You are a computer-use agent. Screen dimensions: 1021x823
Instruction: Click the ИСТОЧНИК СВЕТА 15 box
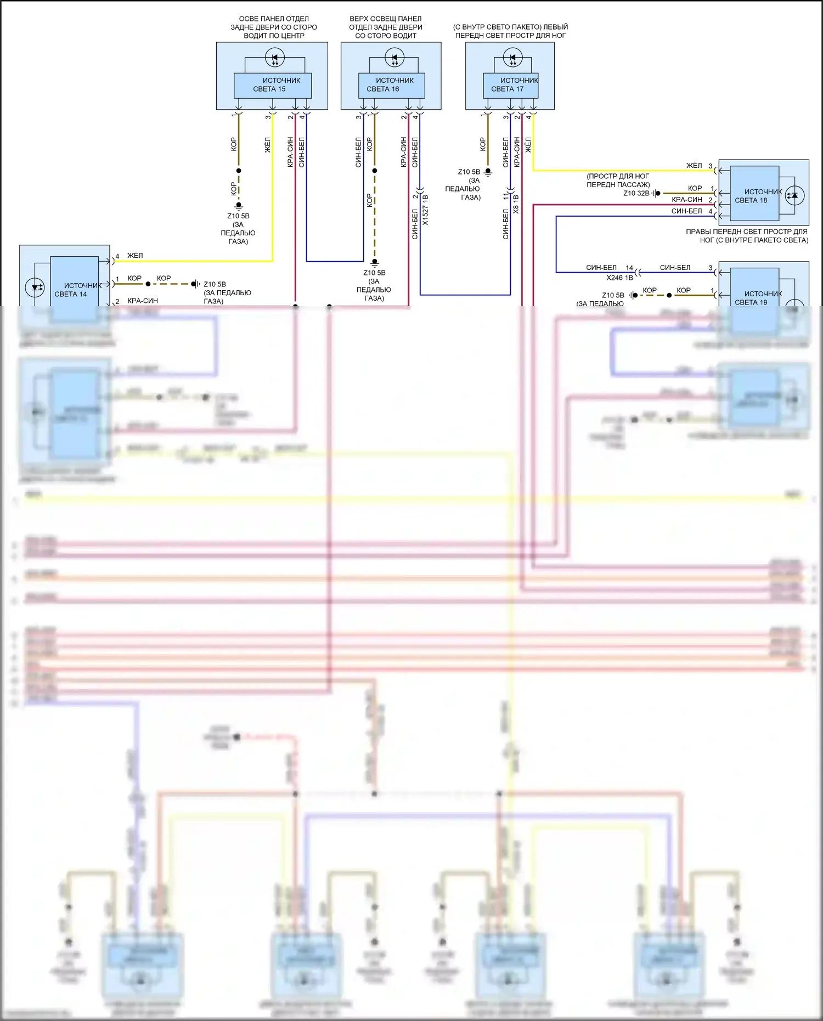[x=273, y=85]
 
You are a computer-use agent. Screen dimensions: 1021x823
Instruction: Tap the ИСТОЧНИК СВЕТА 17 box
[x=510, y=85]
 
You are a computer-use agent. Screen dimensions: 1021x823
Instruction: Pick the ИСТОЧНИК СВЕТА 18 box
[x=754, y=196]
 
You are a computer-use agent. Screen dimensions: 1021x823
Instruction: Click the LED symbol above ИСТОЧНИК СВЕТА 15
[x=274, y=57]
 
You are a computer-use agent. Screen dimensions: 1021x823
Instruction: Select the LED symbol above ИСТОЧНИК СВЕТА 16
[x=394, y=57]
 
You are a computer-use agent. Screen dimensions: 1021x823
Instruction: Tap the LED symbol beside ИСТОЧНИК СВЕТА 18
[x=794, y=195]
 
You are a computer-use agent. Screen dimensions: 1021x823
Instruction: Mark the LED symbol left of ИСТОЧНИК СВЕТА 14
[x=35, y=287]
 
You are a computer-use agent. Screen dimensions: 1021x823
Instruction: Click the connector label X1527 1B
[x=425, y=210]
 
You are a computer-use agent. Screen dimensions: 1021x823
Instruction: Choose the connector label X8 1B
[x=516, y=204]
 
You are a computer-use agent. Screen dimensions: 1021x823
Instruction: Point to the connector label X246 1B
[x=619, y=278]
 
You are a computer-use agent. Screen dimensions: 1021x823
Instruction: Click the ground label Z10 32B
[x=636, y=193]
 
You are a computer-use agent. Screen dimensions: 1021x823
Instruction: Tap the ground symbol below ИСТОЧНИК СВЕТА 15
[x=239, y=207]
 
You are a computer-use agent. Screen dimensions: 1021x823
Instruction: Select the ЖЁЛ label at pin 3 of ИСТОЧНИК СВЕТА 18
[x=694, y=165]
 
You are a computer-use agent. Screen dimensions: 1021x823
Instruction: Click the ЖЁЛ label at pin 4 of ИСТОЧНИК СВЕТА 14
[x=135, y=255]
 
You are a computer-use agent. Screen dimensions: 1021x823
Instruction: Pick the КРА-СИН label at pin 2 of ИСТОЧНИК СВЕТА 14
[x=143, y=301]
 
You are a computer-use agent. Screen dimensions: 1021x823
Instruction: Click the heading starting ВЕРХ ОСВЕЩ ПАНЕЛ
[x=386, y=27]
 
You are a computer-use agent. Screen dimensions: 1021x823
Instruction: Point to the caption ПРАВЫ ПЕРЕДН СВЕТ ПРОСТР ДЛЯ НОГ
[x=747, y=235]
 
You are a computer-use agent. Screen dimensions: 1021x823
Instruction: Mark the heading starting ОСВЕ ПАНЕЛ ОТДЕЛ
[x=274, y=27]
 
